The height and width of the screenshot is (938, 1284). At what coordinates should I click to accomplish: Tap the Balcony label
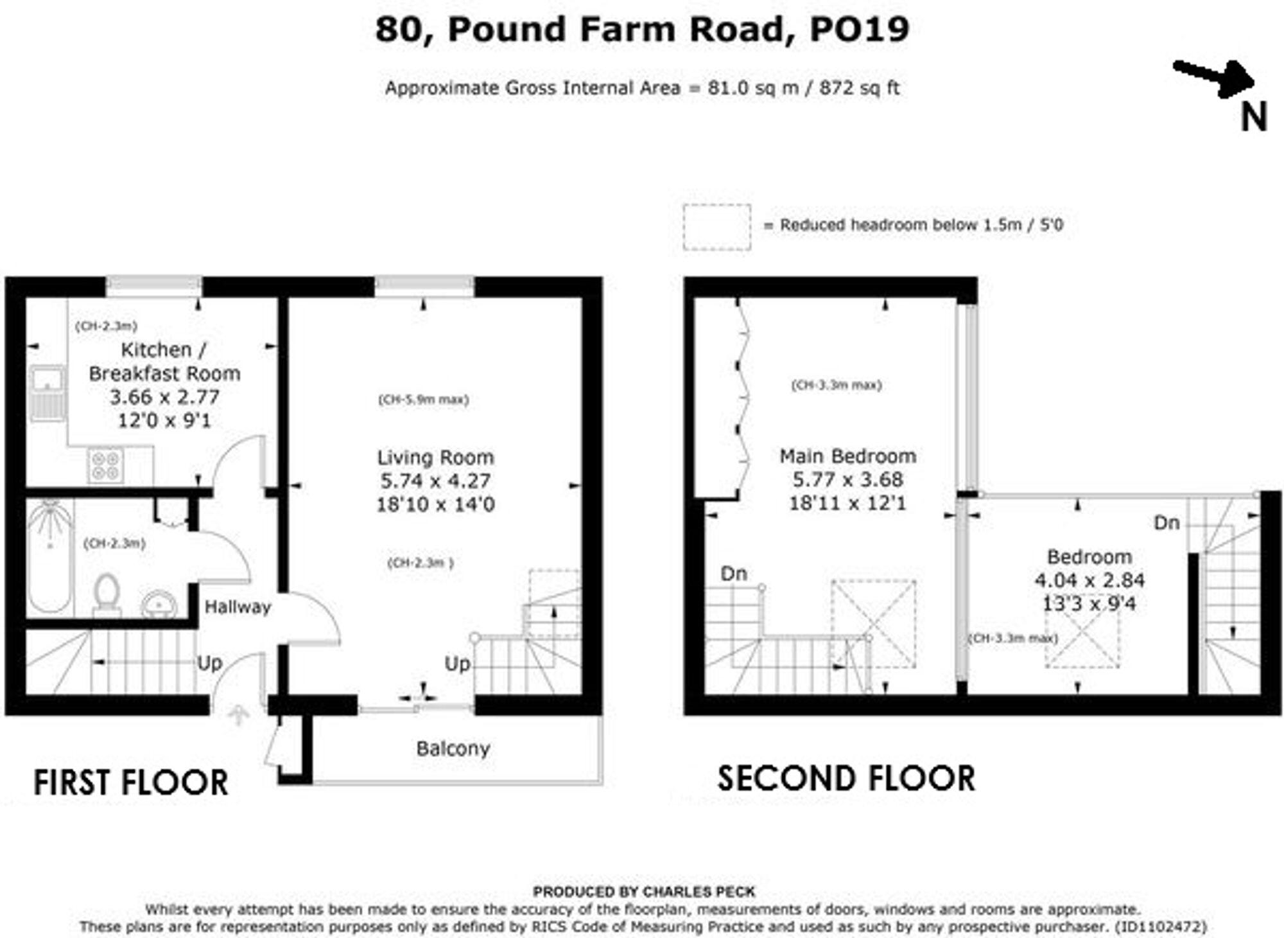453,748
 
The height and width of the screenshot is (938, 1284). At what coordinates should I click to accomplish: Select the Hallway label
238,607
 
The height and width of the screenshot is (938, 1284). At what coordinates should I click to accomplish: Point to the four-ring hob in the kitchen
106,465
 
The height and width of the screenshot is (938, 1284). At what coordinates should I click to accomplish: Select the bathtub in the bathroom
49,556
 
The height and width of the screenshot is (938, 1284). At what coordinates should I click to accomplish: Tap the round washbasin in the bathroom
159,604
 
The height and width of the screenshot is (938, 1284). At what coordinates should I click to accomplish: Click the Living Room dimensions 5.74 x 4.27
435,481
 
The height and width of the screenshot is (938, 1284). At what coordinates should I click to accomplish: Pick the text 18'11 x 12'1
847,503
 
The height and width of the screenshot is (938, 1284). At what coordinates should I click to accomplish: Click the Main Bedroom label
847,456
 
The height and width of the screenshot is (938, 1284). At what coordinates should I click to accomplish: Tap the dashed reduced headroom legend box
716,227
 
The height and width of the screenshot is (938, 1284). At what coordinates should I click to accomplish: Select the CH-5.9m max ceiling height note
423,400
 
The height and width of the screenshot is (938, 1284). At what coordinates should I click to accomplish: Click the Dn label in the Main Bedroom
734,573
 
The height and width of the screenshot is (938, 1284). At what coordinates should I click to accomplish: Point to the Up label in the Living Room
457,664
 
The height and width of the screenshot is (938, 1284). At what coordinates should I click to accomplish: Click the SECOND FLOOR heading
846,779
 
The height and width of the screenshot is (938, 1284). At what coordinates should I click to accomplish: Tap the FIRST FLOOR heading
130,783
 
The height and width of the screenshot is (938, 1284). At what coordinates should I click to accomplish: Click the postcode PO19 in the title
859,29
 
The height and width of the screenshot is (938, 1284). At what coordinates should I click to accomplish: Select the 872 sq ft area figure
859,88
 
